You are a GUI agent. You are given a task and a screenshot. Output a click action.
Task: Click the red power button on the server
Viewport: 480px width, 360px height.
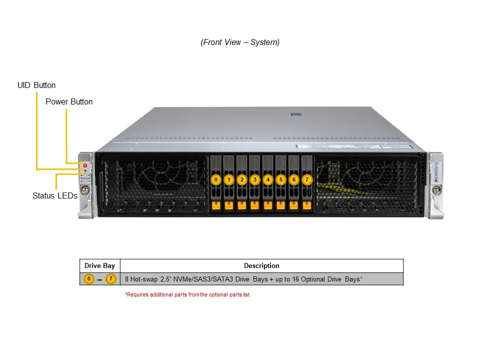tap(85, 165)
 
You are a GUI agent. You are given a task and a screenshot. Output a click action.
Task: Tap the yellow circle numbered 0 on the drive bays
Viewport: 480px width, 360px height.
tap(216, 179)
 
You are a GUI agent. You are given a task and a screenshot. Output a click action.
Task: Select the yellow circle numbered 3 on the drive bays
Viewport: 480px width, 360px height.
tap(255, 179)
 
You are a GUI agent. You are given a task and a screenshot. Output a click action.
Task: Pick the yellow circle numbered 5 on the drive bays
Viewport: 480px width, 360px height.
tap(281, 179)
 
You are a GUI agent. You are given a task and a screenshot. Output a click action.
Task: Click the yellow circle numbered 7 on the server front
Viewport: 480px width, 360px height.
tap(307, 179)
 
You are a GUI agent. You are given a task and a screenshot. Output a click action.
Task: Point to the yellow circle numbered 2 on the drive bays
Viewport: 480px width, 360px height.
tap(242, 179)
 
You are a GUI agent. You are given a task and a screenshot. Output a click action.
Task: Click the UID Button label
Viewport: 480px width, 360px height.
tap(36, 85)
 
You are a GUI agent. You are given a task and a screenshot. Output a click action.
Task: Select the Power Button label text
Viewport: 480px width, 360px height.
tap(69, 102)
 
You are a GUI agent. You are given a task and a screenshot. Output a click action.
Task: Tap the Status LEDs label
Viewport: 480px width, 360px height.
tap(55, 196)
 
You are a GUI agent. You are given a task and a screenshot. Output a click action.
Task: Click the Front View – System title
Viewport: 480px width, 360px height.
tap(240, 42)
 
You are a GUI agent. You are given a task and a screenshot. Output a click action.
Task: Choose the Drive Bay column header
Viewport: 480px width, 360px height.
tap(100, 266)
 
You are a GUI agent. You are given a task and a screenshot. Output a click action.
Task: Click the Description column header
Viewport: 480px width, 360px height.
tap(261, 266)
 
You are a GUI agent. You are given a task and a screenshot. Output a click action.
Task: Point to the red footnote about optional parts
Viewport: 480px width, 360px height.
tap(187, 295)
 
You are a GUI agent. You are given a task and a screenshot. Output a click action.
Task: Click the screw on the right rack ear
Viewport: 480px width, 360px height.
tap(437, 189)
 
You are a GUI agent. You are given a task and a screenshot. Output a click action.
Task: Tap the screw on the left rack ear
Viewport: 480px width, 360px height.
tap(85, 189)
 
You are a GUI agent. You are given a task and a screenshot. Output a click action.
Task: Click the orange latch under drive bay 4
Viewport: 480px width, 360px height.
tap(268, 204)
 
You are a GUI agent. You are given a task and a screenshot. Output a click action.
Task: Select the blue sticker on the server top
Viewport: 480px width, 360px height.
tap(296, 115)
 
